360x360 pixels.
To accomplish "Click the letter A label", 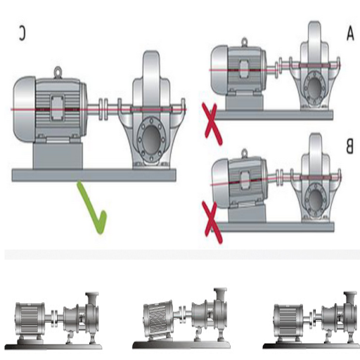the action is pyautogui.click(x=350, y=34).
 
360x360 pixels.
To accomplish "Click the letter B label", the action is pyautogui.click(x=349, y=146).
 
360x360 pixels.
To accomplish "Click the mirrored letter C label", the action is pyautogui.click(x=22, y=33).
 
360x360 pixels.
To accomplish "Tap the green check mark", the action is pyautogui.click(x=94, y=209).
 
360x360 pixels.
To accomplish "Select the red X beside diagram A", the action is pyautogui.click(x=212, y=124).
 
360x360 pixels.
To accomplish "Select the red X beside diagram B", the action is pyautogui.click(x=212, y=223).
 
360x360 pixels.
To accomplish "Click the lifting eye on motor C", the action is pyautogui.click(x=58, y=72).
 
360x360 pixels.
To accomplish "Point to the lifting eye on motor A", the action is pyautogui.click(x=244, y=41).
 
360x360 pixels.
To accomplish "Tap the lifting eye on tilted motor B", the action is pyautogui.click(x=245, y=153).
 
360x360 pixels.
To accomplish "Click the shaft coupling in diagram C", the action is pyautogui.click(x=103, y=110).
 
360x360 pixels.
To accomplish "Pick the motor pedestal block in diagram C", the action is pyautogui.click(x=58, y=155).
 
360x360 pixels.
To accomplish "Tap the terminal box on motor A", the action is pyautogui.click(x=245, y=68).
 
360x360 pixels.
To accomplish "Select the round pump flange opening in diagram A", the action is pyautogui.click(x=315, y=89).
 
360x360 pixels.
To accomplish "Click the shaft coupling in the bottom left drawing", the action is pyautogui.click(x=54, y=318).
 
